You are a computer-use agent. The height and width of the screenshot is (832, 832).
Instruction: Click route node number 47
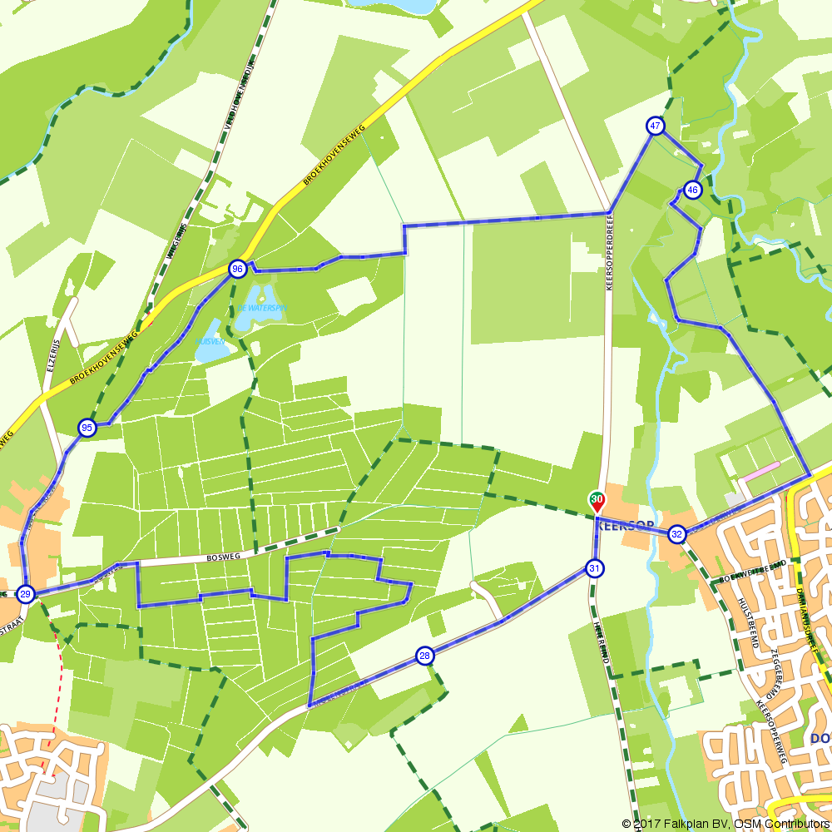click(x=656, y=126)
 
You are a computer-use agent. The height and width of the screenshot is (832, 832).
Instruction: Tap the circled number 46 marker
click(x=693, y=191)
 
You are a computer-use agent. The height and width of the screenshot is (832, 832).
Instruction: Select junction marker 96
click(x=238, y=269)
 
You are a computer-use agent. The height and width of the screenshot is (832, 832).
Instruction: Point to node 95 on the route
click(x=87, y=428)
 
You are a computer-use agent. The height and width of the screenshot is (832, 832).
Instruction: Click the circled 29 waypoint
click(x=26, y=593)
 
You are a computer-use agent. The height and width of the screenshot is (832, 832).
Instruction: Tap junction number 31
click(x=594, y=568)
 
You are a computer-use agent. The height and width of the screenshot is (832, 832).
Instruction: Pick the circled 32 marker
click(x=677, y=534)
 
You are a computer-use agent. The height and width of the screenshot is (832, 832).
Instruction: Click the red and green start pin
click(x=597, y=502)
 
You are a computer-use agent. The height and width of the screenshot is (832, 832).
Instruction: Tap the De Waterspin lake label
click(x=262, y=307)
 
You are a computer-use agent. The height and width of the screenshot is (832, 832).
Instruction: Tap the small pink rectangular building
click(x=761, y=471)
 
